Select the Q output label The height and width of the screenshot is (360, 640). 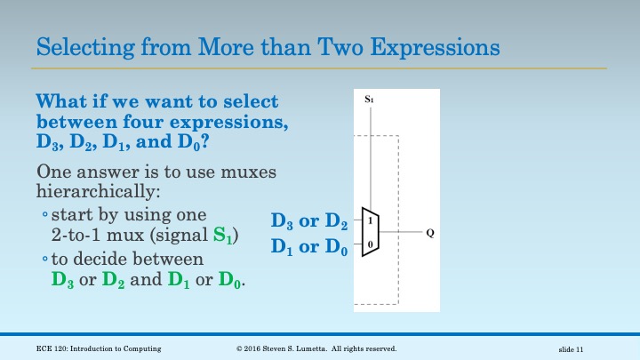(x=430, y=233)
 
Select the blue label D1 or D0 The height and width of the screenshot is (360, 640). (x=309, y=246)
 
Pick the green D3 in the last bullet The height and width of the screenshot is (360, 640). (x=63, y=281)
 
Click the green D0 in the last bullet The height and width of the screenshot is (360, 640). (x=229, y=281)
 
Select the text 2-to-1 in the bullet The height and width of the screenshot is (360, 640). (x=76, y=236)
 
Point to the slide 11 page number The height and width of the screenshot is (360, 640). (x=571, y=348)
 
